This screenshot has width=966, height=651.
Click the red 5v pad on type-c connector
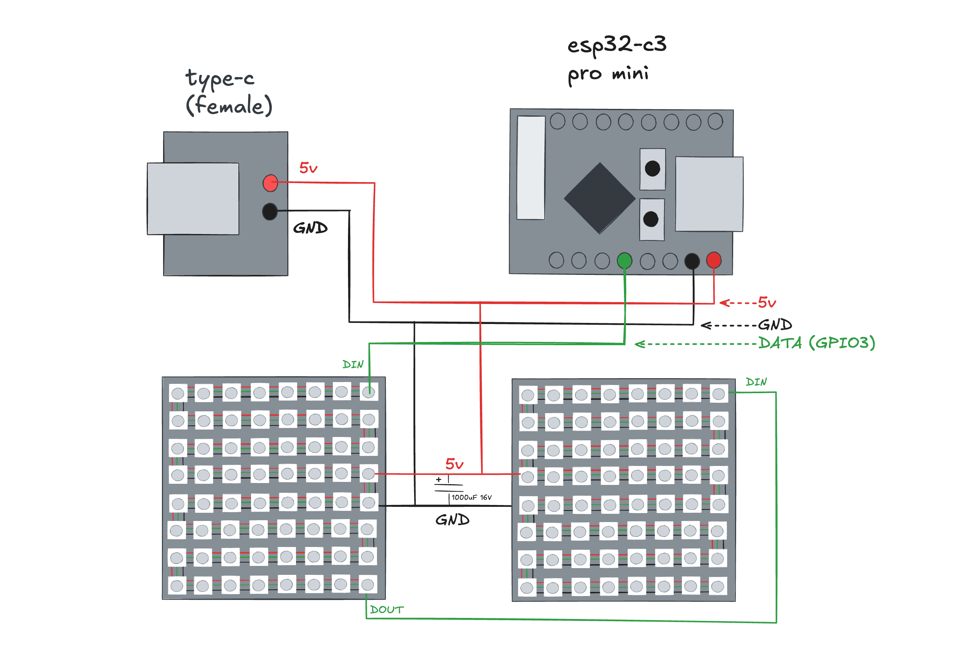point(270,183)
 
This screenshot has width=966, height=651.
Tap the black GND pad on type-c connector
point(270,211)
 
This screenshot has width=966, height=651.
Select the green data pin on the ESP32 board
point(624,261)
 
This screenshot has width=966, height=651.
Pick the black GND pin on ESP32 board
point(692,261)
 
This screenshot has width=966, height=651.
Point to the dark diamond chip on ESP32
point(599,198)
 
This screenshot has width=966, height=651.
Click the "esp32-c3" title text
point(617,45)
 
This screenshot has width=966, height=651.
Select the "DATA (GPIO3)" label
point(817,343)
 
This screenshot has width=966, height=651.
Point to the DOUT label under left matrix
point(387,610)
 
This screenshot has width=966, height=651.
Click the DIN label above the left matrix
point(353,365)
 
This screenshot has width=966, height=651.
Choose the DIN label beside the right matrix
point(756,382)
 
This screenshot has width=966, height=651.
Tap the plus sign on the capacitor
point(439,480)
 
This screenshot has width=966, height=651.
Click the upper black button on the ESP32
point(652,169)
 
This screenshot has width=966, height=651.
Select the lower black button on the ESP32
point(651,219)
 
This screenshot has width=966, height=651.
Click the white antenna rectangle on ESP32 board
point(531,168)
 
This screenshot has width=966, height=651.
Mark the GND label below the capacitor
point(452,520)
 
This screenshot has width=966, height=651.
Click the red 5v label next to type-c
point(308,168)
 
